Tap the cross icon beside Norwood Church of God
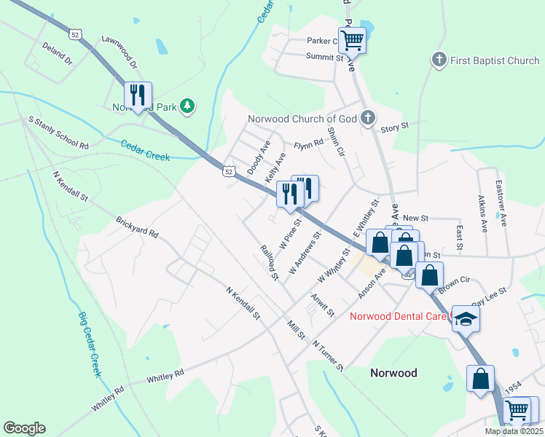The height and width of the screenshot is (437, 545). point(369,118)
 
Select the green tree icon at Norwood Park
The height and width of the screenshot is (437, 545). point(187,106)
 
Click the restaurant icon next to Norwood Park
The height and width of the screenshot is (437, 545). point(137,95)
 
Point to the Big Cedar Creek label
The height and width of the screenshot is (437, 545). point(88,345)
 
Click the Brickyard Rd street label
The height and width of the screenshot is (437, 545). point(137,227)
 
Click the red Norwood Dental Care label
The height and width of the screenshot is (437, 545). point(399,316)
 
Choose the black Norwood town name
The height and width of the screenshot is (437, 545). point(393,372)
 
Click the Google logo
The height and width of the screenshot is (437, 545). point(24,428)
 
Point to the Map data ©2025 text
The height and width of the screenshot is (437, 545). point(514,431)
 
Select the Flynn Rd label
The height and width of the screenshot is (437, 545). point(308,144)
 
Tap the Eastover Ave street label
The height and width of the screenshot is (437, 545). point(500,196)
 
